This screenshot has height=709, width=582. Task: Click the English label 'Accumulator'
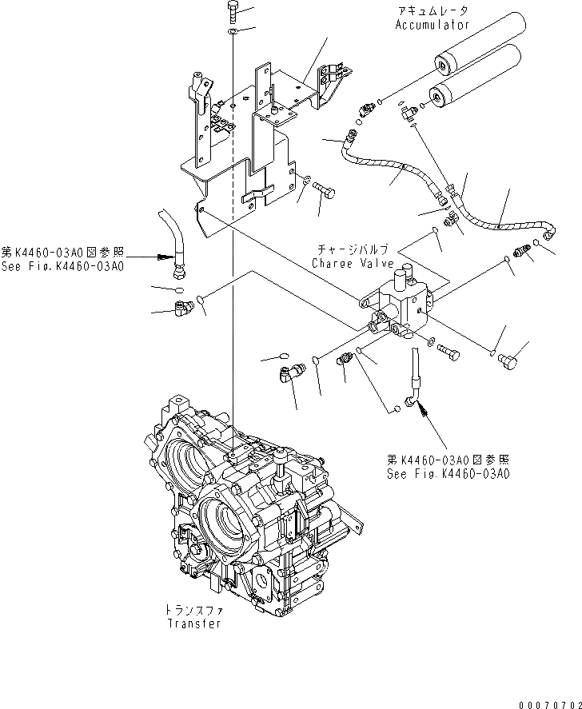(432, 25)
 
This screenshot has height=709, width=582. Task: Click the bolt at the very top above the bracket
(231, 11)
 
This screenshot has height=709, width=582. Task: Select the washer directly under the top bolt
(231, 31)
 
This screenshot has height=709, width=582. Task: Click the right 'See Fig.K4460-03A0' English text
(448, 474)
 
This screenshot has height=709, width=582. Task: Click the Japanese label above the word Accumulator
(432, 11)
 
